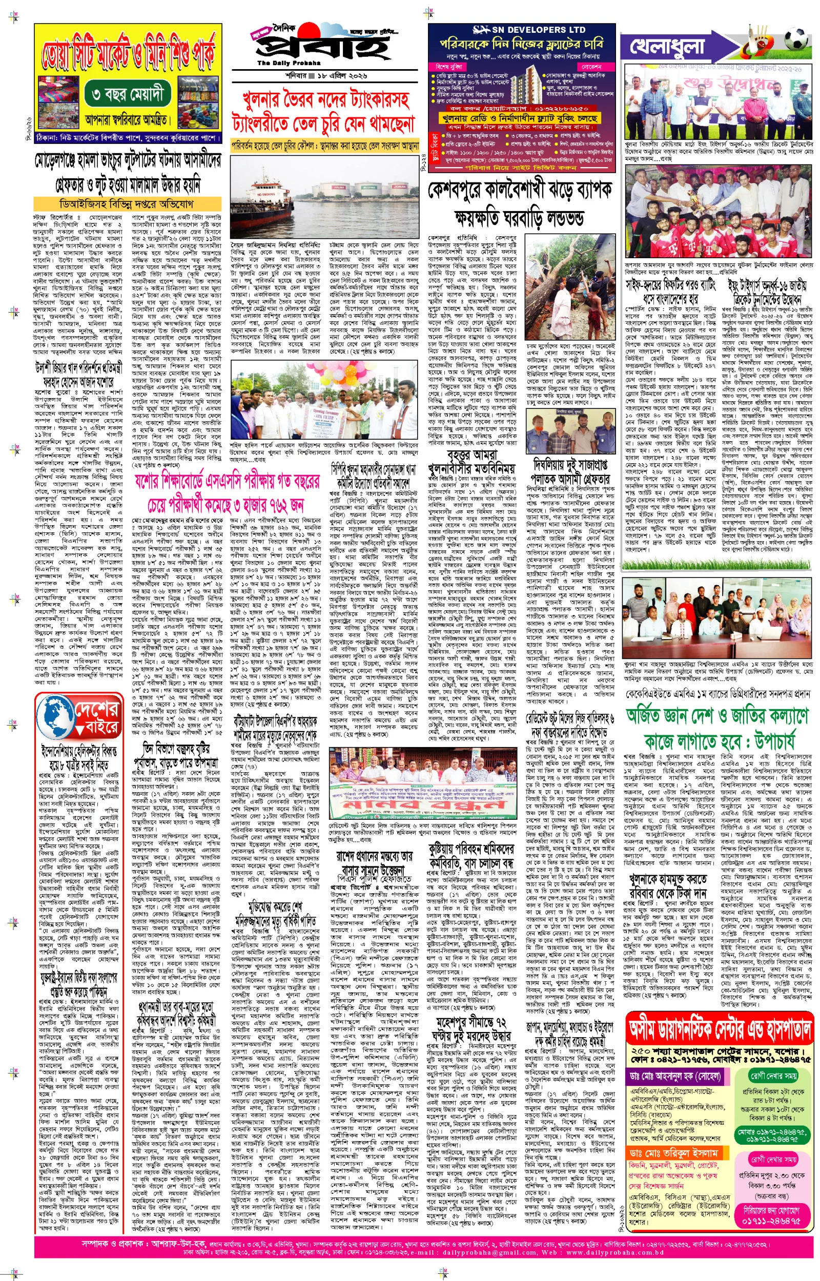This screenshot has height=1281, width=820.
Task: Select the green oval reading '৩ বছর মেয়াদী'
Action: (x=127, y=94)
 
